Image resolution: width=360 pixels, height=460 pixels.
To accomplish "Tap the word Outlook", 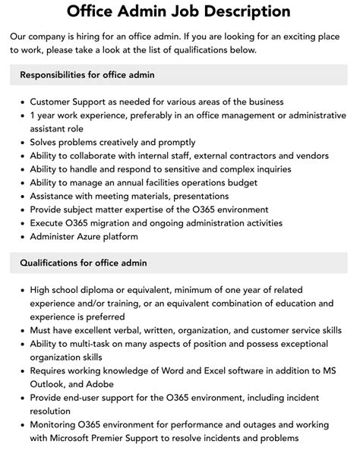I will (49, 384).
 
